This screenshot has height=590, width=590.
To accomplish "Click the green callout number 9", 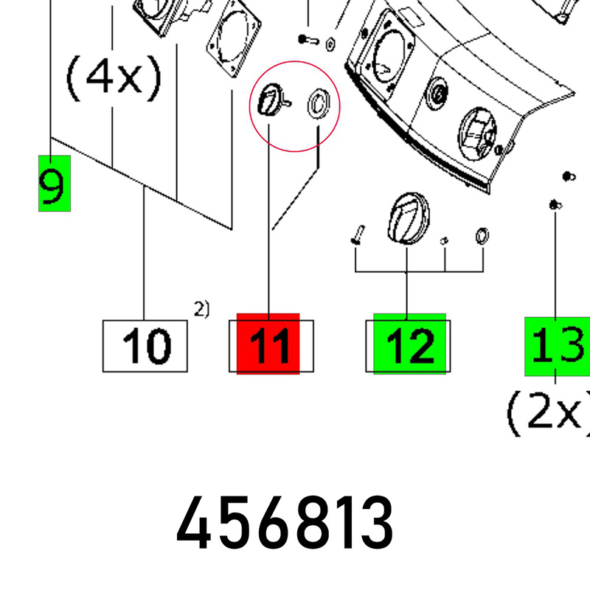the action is coord(54,184).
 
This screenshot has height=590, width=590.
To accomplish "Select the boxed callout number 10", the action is coord(145,346).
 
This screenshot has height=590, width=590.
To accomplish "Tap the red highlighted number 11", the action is coord(268,344).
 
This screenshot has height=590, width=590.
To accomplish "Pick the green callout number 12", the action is coord(409,344).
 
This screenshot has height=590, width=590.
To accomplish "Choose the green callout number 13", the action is coord(558,346).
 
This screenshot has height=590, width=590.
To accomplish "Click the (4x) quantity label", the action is coord(114,78).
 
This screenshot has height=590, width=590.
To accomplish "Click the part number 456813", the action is coord(285,523).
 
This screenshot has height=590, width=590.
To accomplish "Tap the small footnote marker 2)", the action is coord(201,309).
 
